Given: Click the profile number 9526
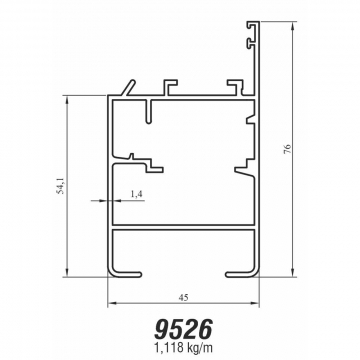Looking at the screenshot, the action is pyautogui.click(x=183, y=330).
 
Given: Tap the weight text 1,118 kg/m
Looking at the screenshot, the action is pyautogui.click(x=183, y=348).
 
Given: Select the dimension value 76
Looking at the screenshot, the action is pyautogui.click(x=288, y=149).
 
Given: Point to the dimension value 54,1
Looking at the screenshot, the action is pyautogui.click(x=60, y=185).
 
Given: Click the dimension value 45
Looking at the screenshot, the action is pyautogui.click(x=183, y=298).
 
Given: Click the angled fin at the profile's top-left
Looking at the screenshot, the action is pyautogui.click(x=130, y=88).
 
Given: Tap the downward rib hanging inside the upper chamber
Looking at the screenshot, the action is pyautogui.click(x=149, y=111).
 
